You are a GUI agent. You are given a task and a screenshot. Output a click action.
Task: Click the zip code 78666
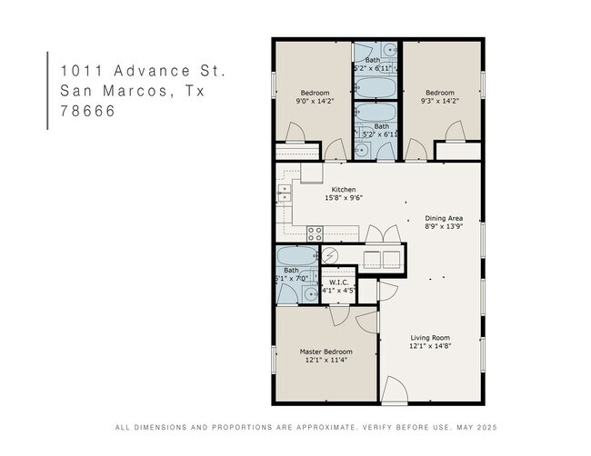pos(87,111)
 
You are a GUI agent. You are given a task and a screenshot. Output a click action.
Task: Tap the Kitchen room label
pos(344,190)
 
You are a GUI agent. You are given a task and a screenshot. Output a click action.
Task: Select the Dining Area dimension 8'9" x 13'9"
pos(444,226)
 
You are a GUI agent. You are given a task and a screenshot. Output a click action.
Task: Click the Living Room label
pos(430,338)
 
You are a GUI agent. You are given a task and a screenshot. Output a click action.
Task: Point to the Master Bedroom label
pos(326,352)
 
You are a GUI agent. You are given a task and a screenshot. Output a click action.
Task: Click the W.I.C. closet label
pos(339,283)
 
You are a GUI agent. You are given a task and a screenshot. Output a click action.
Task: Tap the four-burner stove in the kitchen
pos(315,233)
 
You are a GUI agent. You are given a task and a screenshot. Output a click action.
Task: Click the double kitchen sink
pos(285,193)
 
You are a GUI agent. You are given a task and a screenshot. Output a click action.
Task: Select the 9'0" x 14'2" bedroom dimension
pos(316,101)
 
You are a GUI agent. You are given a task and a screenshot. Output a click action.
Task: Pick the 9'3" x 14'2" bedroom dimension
pos(440,101)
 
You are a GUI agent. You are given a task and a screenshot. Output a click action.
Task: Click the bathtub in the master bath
pos(297,256)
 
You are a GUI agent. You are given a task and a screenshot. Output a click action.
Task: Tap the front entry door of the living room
pos(395,390)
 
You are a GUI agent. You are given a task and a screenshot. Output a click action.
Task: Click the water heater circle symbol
pos(330,256)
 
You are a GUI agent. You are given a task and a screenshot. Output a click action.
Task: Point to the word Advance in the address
pos(152,71)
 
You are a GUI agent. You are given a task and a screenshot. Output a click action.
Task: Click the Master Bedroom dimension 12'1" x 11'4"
pos(326,360)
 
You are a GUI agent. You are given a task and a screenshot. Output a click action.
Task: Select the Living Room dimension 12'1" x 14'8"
pos(430,346)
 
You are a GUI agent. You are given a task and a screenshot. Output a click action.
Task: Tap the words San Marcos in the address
pos(114,91)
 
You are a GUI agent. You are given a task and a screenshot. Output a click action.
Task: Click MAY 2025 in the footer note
pos(476,427)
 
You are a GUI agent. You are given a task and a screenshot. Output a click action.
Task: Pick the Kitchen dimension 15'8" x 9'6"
pos(344,198)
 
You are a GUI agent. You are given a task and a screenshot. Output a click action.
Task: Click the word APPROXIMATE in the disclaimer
pos(326,427)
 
